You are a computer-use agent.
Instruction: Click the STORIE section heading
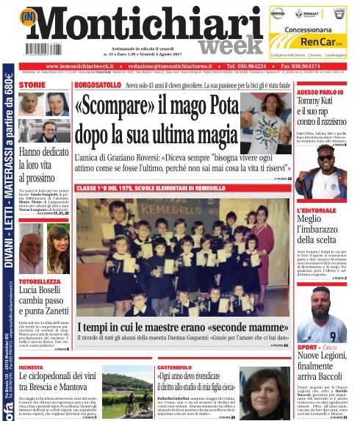pos(32,85)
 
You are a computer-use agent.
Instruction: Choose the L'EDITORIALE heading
pos(317,210)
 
